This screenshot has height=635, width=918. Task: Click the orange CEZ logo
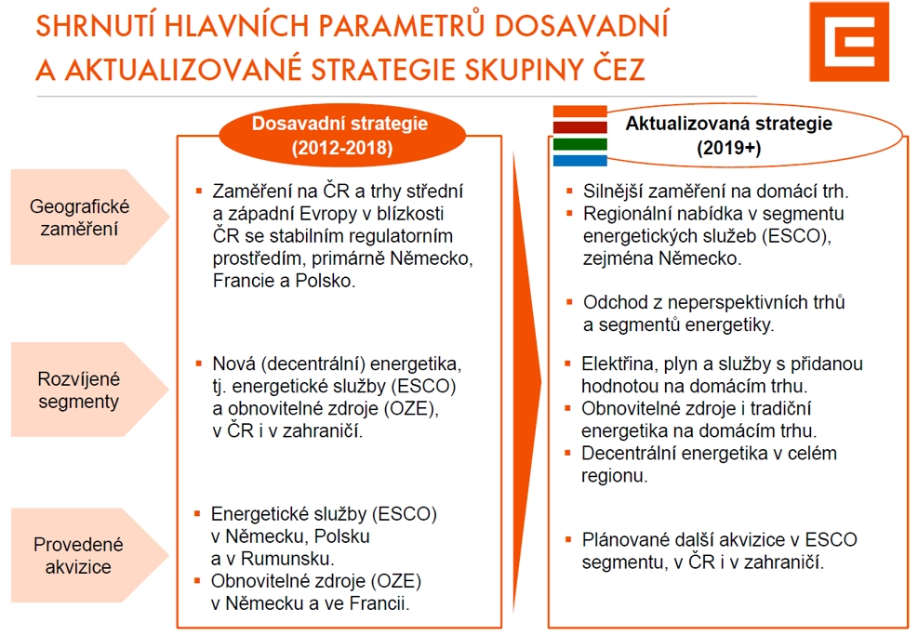click(849, 42)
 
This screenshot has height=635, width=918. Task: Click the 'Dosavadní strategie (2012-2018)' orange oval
click(342, 135)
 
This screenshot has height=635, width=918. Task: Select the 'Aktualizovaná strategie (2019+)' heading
click(728, 135)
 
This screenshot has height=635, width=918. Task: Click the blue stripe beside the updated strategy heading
click(580, 160)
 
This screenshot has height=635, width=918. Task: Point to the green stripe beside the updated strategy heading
click(580, 144)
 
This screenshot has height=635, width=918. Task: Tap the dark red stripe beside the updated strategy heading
click(580, 127)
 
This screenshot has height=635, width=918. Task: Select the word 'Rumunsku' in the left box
click(286, 559)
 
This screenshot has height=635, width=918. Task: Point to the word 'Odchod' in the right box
click(613, 302)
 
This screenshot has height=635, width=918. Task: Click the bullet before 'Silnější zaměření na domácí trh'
click(569, 191)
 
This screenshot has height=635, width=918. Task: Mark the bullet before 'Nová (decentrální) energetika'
click(199, 364)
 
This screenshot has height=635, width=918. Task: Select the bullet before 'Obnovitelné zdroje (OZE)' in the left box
click(197, 580)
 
